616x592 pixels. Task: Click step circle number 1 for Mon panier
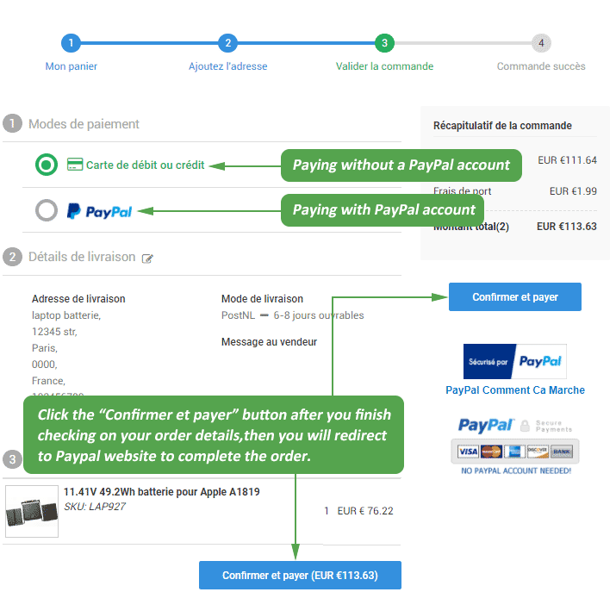click(71, 43)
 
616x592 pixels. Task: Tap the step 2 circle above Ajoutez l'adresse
click(227, 43)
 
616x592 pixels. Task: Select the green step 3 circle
click(384, 43)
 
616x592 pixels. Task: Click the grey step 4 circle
click(541, 43)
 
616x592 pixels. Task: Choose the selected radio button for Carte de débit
click(47, 165)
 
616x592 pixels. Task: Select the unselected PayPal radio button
click(47, 210)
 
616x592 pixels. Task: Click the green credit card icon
click(75, 165)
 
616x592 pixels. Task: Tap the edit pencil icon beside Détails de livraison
click(147, 258)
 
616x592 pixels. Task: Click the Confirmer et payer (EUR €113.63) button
click(300, 575)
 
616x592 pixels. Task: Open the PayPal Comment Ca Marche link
click(515, 390)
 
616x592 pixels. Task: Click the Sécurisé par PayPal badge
click(515, 362)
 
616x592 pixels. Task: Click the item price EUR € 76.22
click(365, 511)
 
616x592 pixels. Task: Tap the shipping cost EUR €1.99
click(573, 190)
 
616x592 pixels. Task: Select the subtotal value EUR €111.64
click(567, 160)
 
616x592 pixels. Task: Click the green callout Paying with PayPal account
click(383, 209)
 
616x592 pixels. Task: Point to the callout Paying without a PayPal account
click(401, 165)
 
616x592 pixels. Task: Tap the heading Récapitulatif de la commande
click(502, 126)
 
